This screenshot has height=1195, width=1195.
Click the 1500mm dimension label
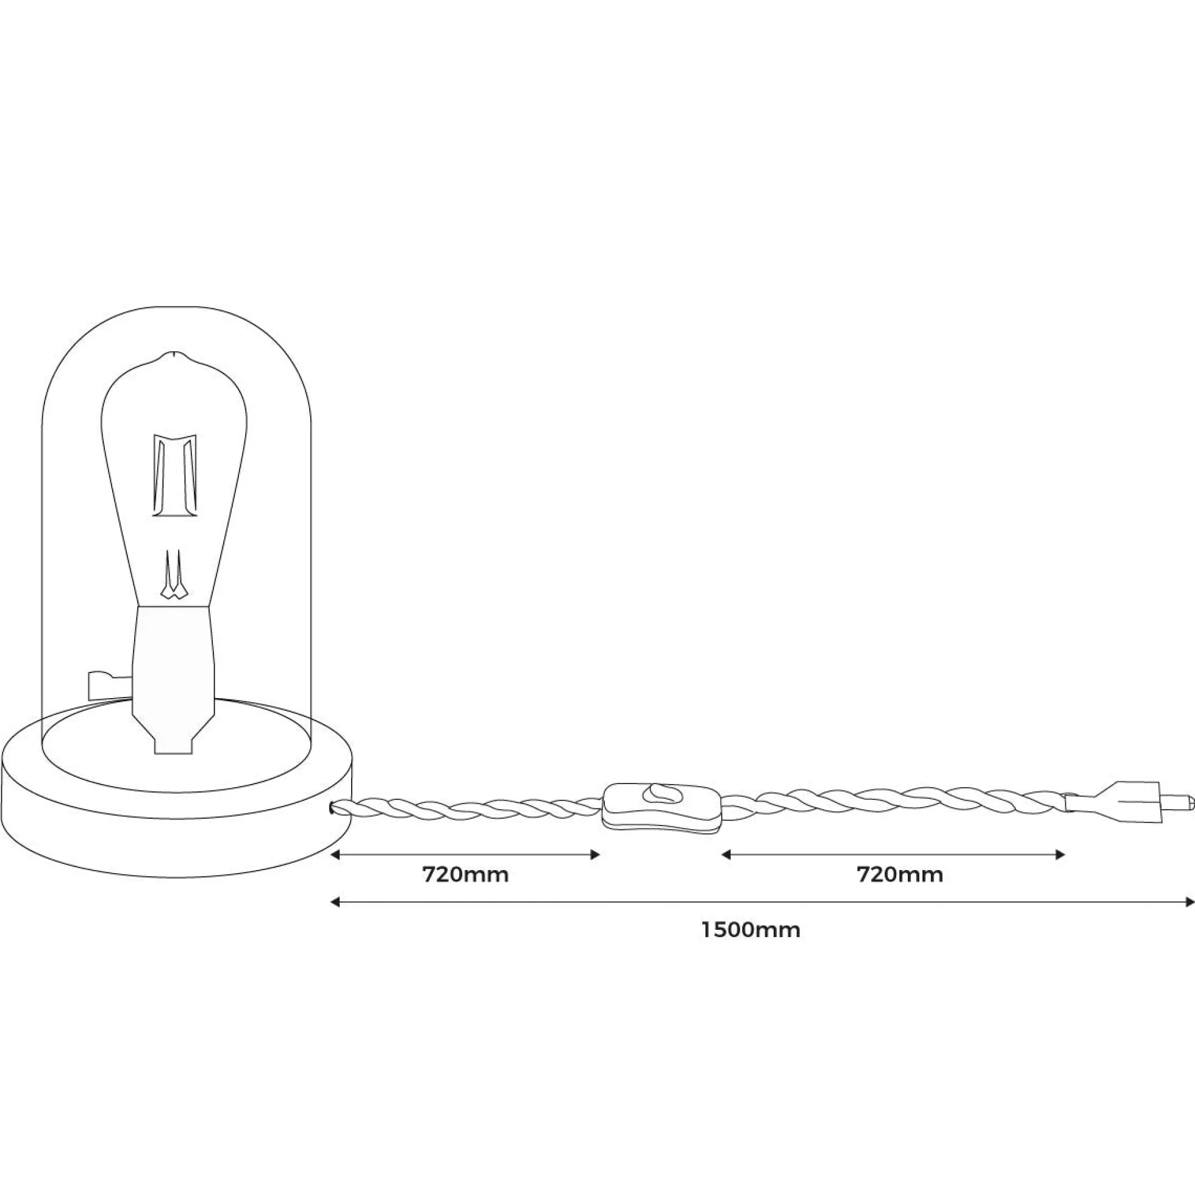coord(751,930)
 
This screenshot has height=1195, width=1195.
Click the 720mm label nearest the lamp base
coord(465,876)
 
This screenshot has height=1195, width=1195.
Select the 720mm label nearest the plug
coord(900,876)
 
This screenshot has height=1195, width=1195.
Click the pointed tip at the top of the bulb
coord(175,354)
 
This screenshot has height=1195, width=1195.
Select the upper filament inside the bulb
coord(175,475)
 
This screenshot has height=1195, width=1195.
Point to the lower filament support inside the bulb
coord(174,574)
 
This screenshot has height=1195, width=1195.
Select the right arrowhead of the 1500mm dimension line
coord(1189,902)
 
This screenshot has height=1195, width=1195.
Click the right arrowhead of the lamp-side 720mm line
coord(595,855)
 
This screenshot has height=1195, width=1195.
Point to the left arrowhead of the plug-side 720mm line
coord(727,855)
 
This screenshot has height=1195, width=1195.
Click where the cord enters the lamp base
coord(335,805)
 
